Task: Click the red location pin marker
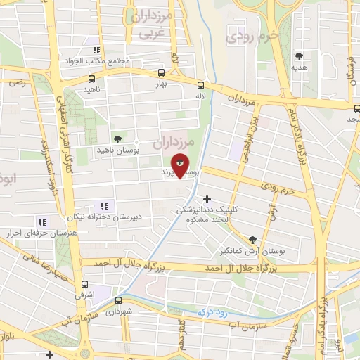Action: click(181, 165)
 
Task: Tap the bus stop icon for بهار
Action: click(162, 72)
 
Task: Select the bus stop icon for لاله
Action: click(202, 82)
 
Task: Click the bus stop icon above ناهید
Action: click(92, 79)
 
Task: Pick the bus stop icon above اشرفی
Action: click(85, 285)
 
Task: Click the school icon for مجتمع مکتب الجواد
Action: click(96, 50)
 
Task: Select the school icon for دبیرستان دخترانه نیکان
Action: click(105, 206)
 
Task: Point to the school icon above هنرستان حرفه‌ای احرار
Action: click(27, 221)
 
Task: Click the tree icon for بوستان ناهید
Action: click(117, 139)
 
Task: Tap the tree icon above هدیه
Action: click(300, 56)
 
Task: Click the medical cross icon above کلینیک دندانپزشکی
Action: click(207, 199)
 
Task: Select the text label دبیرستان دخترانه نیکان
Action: click(106, 217)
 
